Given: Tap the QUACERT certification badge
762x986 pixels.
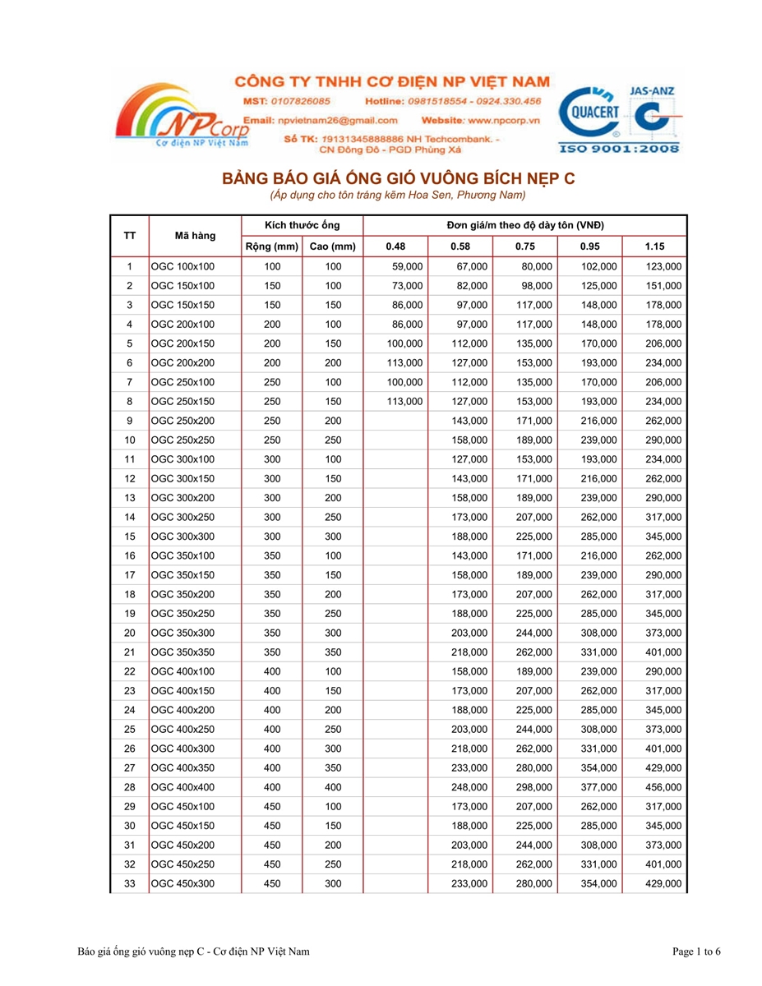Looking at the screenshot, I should [x=592, y=111].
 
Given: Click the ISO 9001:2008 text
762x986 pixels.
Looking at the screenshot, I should [x=619, y=149].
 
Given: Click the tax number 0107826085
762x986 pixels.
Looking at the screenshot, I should [x=297, y=101].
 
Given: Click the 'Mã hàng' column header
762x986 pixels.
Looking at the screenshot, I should [x=195, y=236].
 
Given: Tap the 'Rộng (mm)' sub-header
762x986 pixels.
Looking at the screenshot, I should [x=271, y=246].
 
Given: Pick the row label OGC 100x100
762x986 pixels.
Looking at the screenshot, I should [x=182, y=266].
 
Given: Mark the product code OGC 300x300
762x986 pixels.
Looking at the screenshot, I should [x=182, y=536].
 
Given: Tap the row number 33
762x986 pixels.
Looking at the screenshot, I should [x=129, y=883].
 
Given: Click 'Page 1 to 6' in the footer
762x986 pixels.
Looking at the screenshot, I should [x=696, y=951].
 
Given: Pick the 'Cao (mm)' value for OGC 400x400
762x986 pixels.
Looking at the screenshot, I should [x=332, y=786].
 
